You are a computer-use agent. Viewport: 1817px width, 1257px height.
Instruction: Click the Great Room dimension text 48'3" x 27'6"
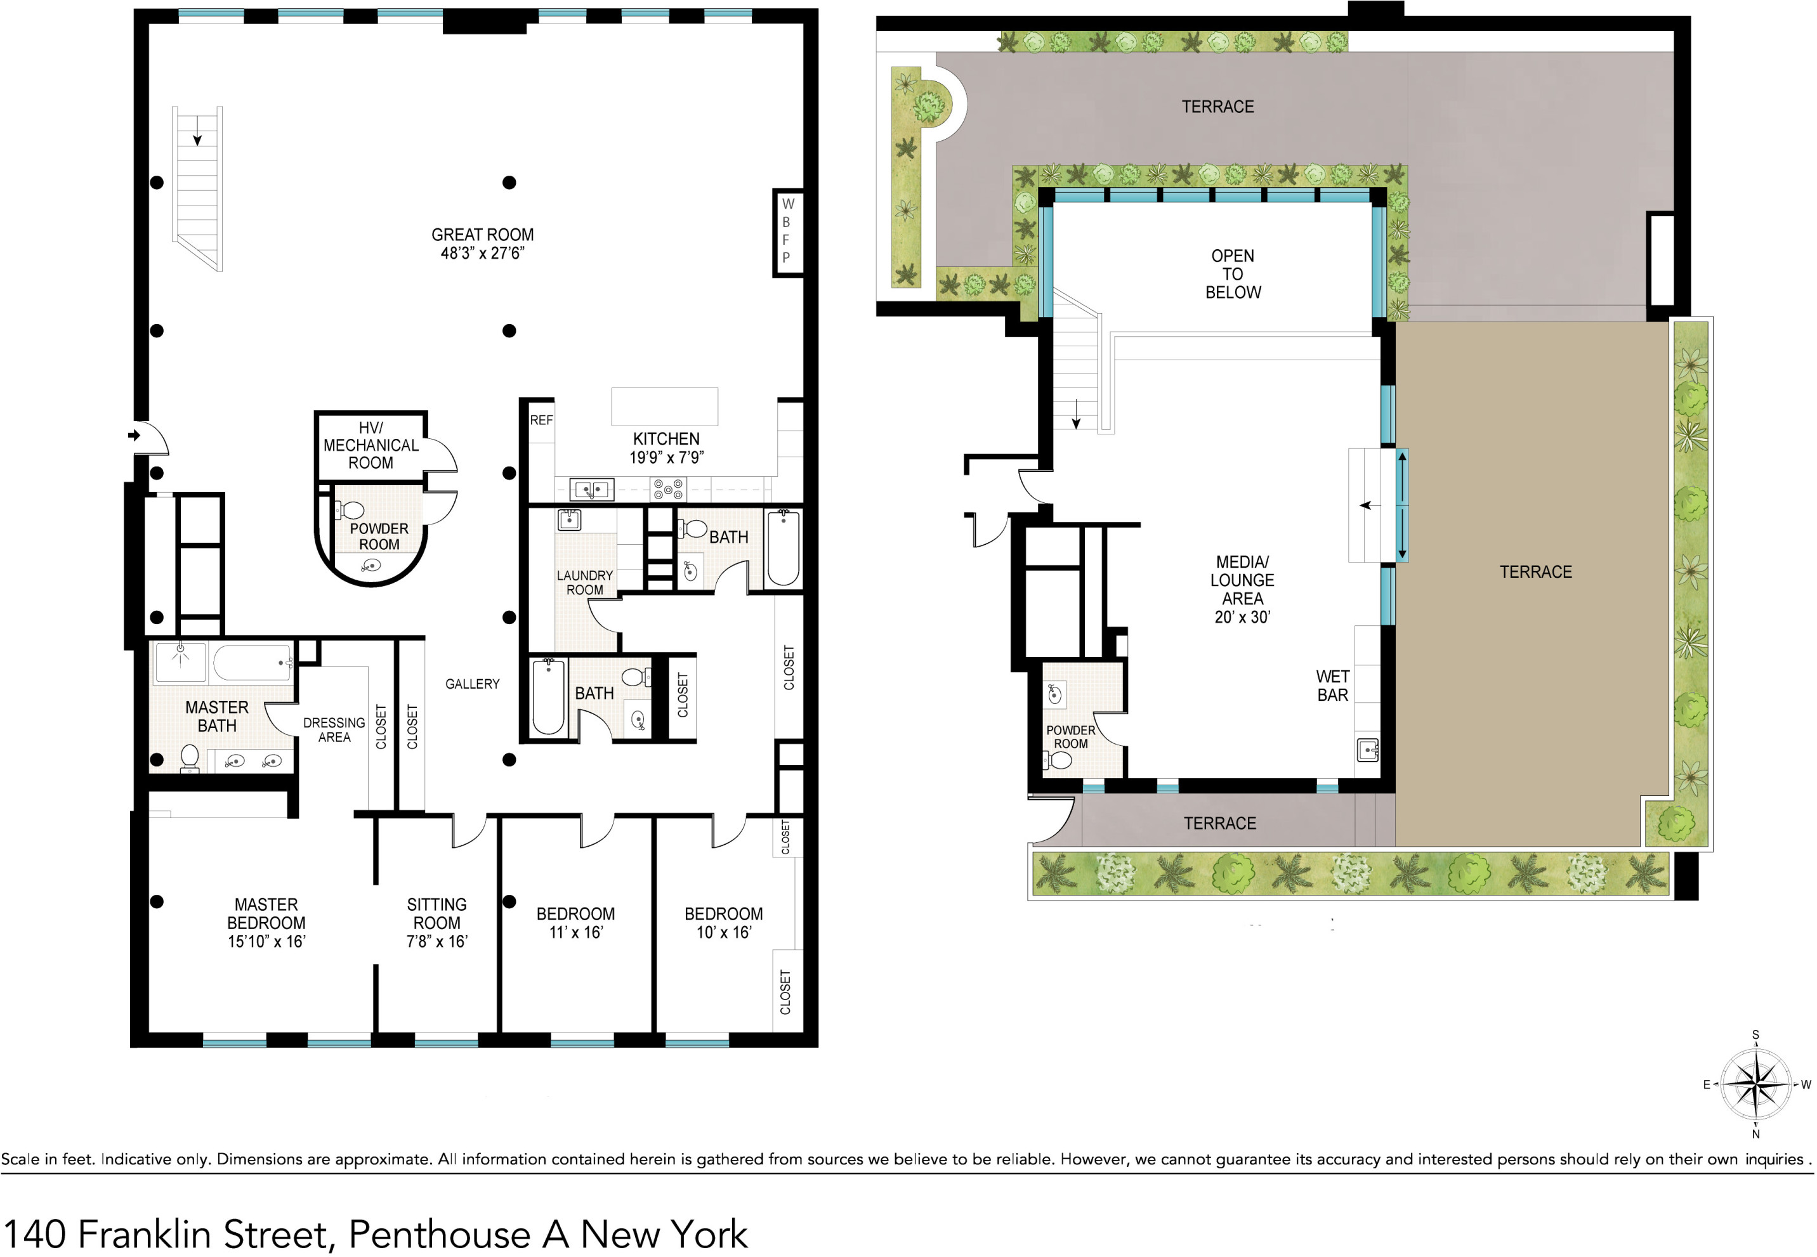[482, 254]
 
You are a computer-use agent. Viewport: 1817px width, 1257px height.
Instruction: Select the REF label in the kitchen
[541, 420]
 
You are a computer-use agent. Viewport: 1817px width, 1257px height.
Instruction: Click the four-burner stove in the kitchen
[668, 490]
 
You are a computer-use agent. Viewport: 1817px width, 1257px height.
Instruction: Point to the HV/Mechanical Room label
[371, 446]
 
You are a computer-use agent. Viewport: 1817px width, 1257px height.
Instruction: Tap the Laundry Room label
[585, 583]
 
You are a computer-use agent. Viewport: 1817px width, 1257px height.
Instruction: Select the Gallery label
[472, 684]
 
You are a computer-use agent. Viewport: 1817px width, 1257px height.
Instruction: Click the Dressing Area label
[334, 730]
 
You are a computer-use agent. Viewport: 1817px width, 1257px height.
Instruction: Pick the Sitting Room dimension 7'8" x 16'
[437, 942]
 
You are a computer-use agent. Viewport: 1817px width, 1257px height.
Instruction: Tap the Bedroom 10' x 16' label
[723, 923]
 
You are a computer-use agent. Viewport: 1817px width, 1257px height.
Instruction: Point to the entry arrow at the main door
[134, 436]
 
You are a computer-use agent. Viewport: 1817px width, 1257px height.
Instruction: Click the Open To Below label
[1233, 274]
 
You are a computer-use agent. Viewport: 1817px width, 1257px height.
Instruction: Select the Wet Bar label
[1332, 686]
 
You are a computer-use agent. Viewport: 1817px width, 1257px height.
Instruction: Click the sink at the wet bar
[1368, 750]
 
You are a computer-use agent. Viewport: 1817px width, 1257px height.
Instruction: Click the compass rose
[1756, 1084]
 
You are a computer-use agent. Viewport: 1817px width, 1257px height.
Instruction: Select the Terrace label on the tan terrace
[1535, 573]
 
